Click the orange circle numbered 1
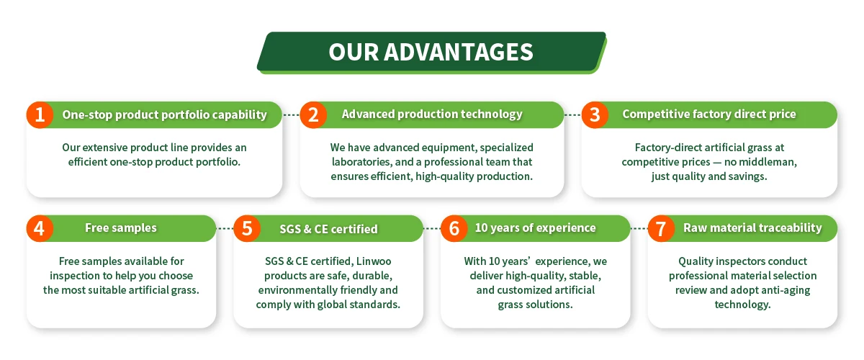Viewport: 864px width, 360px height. [x=40, y=115]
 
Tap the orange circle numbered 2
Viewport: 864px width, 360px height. [x=313, y=115]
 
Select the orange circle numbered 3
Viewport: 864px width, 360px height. [x=595, y=115]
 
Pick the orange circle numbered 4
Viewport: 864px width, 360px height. [x=40, y=228]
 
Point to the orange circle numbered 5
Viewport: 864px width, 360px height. [x=247, y=228]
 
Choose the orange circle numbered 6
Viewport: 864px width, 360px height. [x=454, y=228]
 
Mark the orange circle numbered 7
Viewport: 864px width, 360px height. [x=661, y=228]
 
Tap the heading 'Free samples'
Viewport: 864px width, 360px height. [x=121, y=228]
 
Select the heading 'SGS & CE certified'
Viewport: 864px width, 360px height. [x=328, y=229]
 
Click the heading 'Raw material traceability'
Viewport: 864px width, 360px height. [x=752, y=228]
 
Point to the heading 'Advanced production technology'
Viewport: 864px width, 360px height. [x=432, y=114]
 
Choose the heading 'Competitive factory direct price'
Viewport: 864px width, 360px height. [x=709, y=114]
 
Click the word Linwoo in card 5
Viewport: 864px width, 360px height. [x=374, y=261]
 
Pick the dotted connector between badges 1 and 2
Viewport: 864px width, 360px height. [x=291, y=115]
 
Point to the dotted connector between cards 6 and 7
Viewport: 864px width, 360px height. [x=639, y=228]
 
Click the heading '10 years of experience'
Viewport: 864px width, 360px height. [x=536, y=228]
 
